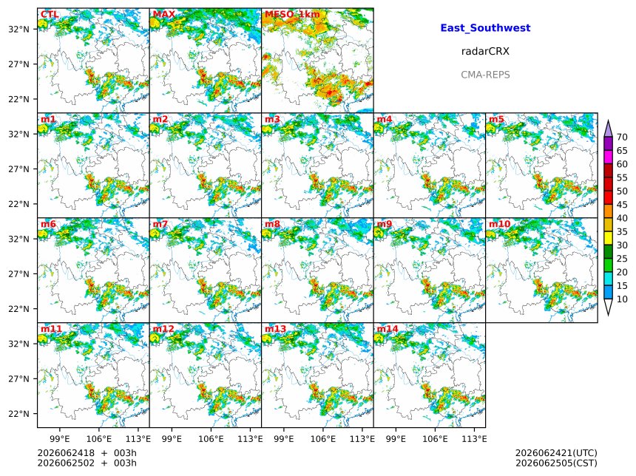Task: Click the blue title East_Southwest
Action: tap(485, 28)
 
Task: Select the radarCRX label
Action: tap(485, 51)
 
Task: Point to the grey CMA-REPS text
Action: tap(485, 75)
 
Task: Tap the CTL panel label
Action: tap(50, 15)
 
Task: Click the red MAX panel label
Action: tap(164, 15)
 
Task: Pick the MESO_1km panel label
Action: tap(292, 15)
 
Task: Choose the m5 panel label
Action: tap(496, 119)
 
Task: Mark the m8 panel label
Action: tap(272, 224)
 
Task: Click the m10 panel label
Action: tap(499, 224)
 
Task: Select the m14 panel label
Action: tap(388, 329)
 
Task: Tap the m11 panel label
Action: tap(51, 329)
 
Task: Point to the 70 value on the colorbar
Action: tap(622, 137)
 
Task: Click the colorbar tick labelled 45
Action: tap(622, 205)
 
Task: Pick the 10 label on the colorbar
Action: tap(622, 299)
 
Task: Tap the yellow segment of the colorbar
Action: tap(608, 239)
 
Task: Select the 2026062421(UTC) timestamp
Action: tap(556, 453)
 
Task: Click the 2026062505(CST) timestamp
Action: tap(556, 463)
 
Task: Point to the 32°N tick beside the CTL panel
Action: tap(19, 29)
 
